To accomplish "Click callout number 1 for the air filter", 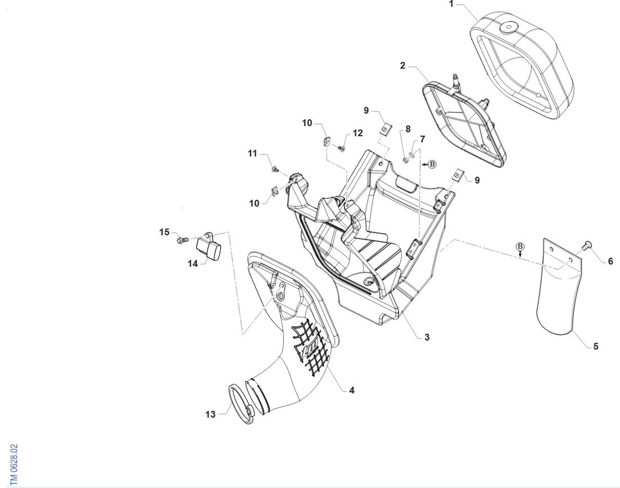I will click(x=451, y=4).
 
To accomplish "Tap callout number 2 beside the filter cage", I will click(x=402, y=66).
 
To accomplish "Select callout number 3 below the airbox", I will click(x=427, y=337).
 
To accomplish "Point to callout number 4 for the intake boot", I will click(x=352, y=390).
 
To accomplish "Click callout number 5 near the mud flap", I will click(x=596, y=346).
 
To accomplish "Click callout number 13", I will click(x=210, y=415).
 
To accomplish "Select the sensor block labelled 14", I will click(x=209, y=248).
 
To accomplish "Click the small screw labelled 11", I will click(x=275, y=169).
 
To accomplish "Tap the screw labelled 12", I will click(x=342, y=149).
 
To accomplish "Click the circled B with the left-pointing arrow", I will click(x=432, y=164).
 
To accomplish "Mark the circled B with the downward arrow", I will click(x=520, y=246).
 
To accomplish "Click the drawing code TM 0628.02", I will click(x=14, y=464).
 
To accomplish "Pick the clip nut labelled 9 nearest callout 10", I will click(x=386, y=129).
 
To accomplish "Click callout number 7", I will click(x=422, y=139).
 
